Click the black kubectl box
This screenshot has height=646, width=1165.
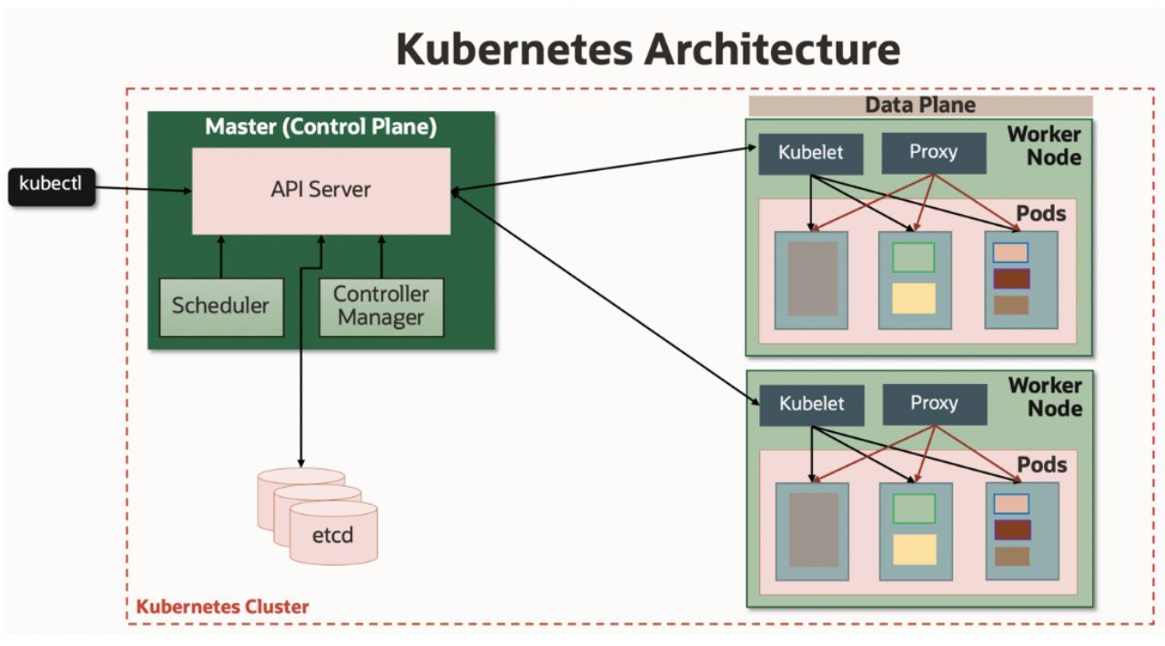(x=52, y=186)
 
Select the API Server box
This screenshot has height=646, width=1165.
(x=320, y=190)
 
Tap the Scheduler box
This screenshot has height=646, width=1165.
(x=220, y=306)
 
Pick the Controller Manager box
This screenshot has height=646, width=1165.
(x=380, y=306)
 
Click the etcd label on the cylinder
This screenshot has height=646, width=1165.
(x=332, y=534)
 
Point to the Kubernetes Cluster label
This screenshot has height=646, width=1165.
(x=222, y=606)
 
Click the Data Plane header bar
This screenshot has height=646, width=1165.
(x=919, y=105)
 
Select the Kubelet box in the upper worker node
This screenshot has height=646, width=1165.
(x=810, y=153)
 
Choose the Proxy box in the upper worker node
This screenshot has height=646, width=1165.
(x=933, y=152)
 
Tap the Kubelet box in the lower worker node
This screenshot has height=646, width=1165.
(x=811, y=403)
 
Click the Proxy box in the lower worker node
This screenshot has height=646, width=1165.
(x=934, y=403)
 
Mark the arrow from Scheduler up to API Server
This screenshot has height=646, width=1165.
(x=220, y=256)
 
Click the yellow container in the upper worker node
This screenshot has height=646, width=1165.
(x=913, y=298)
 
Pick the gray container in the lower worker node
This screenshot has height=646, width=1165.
(x=813, y=530)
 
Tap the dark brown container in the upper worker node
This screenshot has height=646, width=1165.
(x=1011, y=278)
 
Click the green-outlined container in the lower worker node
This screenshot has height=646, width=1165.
(x=914, y=509)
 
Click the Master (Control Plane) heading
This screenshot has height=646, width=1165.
(x=320, y=126)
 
